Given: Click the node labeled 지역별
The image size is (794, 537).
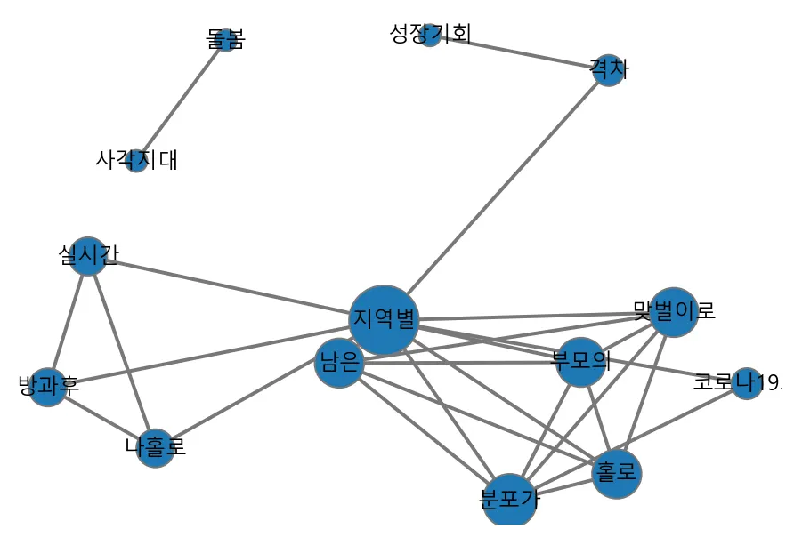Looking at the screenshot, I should tap(383, 319).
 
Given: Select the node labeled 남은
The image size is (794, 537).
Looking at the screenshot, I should tap(339, 364).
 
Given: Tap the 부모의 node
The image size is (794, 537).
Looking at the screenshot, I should tap(580, 362).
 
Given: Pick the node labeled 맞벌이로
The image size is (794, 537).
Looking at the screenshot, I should tap(673, 312).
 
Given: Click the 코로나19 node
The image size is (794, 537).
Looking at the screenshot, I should tap(746, 383).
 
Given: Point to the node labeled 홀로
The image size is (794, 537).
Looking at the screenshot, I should tap(616, 474).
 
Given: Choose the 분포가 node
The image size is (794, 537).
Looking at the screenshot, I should tap(508, 501).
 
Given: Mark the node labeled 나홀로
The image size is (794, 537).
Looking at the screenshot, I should tap(156, 448).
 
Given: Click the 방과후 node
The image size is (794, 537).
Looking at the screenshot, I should tap(47, 387).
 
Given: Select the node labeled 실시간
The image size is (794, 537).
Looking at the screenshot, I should tap(87, 256).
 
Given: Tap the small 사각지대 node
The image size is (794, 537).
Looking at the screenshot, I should tap(136, 161).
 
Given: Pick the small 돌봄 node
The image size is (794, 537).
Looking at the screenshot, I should tap(226, 40).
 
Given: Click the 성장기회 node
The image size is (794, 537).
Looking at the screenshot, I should tap(430, 35).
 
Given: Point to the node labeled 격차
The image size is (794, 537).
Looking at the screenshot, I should tap(609, 70).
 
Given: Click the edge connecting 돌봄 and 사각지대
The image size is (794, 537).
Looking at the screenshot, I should tap(182, 100).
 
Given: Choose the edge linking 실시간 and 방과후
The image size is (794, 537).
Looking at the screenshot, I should tap(68, 321).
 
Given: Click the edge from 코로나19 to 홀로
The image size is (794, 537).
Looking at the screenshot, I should tap(681, 429).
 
